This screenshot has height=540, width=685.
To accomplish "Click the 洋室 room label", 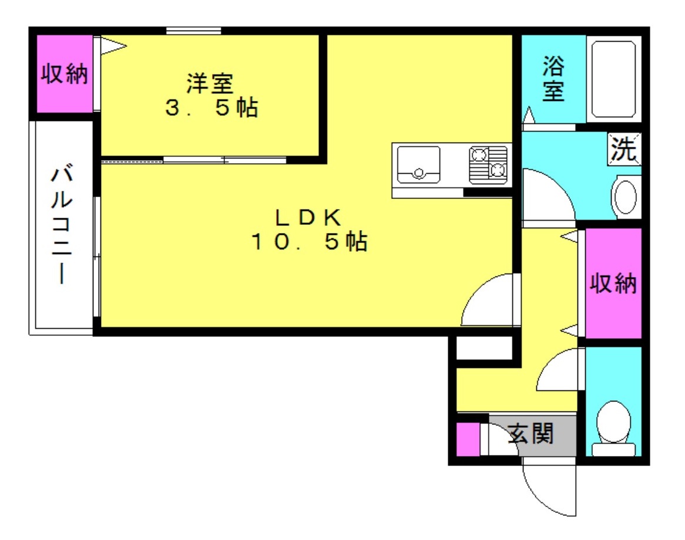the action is point(210,83).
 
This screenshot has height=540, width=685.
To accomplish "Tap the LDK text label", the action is point(308,217).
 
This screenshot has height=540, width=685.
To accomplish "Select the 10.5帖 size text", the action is point(309,241).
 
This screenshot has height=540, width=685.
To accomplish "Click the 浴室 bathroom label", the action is point(553,79).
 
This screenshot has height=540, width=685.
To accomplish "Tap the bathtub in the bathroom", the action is point(613,79).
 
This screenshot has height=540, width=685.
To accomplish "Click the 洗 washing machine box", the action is point(624,149).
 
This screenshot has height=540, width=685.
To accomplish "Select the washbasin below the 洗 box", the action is point(626,197).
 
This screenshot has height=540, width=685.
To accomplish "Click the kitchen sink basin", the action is point(418,165).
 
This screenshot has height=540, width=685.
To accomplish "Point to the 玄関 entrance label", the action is point(531,434).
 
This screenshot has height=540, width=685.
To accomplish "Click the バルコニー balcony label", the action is point(62,224).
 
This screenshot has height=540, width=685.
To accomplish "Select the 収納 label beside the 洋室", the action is point(65,73).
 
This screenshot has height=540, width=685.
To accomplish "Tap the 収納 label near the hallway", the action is point(613,283).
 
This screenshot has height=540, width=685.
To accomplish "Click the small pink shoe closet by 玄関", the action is point(468,439).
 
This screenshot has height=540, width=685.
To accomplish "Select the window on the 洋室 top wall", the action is point(193,31).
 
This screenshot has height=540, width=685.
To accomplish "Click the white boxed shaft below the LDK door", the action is point(484,348).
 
